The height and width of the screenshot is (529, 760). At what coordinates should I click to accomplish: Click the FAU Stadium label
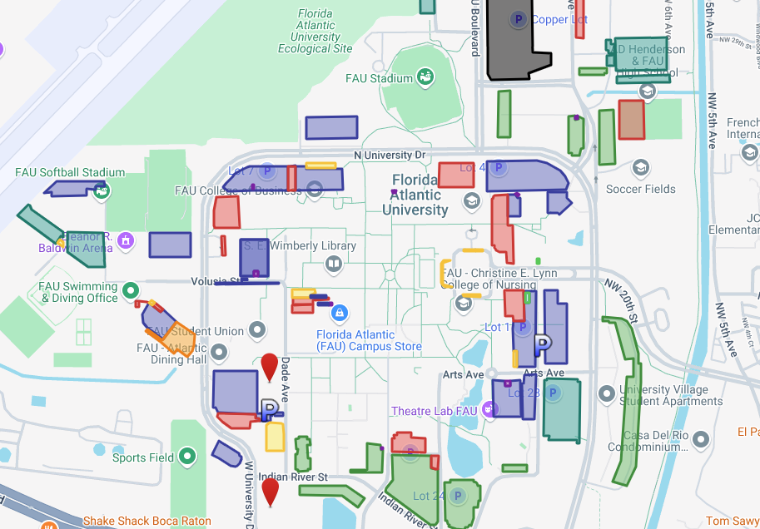point(379,78)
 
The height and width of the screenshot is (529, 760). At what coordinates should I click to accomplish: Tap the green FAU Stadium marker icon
point(425,77)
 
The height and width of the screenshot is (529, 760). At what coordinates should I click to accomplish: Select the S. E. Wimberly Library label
point(301,246)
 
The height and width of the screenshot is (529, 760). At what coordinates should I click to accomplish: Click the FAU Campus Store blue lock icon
point(339,314)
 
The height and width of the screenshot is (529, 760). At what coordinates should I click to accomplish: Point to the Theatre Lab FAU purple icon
point(489,410)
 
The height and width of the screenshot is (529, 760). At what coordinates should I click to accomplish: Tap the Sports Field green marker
point(187,456)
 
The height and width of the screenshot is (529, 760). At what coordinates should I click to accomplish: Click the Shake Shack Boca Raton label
point(147,522)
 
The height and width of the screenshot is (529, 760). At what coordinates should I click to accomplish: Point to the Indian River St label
point(293,478)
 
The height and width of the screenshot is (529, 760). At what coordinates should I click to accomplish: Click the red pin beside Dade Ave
point(270,366)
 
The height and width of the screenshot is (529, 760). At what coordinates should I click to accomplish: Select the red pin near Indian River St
point(271,491)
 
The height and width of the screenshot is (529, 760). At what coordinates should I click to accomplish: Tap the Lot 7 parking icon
point(267,171)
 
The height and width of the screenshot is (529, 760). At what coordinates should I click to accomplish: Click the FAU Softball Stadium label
point(70,173)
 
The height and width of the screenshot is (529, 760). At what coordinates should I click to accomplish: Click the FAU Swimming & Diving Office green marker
point(130,290)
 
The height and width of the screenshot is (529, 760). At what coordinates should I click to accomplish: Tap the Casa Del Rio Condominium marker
point(702,438)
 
